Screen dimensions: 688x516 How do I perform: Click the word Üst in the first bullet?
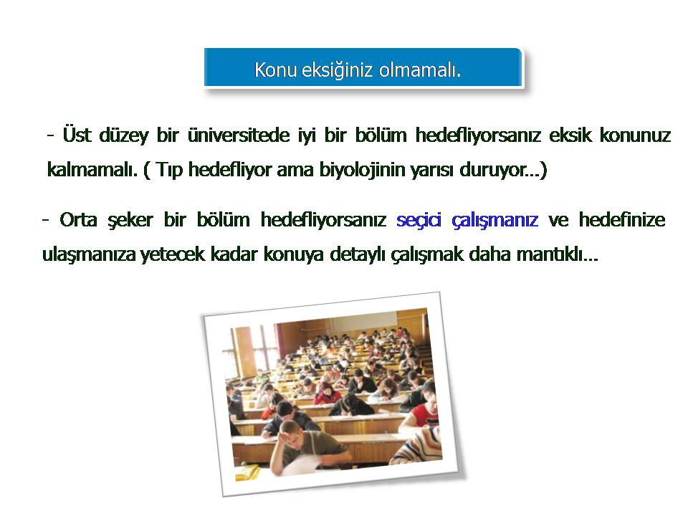(x=77, y=134)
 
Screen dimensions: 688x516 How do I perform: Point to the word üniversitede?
(x=239, y=135)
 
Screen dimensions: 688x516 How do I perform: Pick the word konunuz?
(x=636, y=135)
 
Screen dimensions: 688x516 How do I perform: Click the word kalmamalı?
(x=92, y=169)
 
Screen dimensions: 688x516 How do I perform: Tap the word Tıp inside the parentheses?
(x=169, y=171)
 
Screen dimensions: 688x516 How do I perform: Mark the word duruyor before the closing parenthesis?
(x=493, y=171)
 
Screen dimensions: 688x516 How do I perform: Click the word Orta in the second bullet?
(x=78, y=219)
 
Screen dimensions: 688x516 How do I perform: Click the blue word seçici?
(x=419, y=220)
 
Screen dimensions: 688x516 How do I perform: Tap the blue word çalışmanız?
(x=494, y=220)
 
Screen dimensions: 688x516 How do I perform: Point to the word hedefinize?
(x=622, y=219)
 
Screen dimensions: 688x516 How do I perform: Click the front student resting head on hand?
(x=307, y=447)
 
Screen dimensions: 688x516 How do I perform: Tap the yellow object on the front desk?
(x=247, y=472)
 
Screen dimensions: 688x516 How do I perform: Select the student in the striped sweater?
(x=419, y=444)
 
